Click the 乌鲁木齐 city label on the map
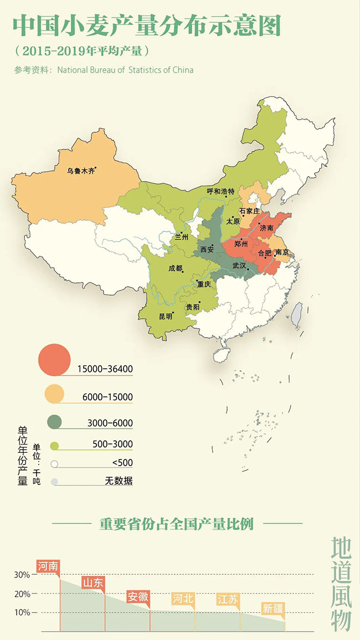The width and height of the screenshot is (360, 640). pyautogui.click(x=81, y=171)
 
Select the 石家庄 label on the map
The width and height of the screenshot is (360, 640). pyautogui.click(x=250, y=211)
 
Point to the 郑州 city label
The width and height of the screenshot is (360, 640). pyautogui.click(x=241, y=244)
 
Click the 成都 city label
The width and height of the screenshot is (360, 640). pyautogui.click(x=175, y=268)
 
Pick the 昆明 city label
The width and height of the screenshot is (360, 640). pyautogui.click(x=166, y=316)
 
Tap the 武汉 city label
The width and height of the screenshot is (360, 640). pyautogui.click(x=239, y=265)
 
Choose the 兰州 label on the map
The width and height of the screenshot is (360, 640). pyautogui.click(x=182, y=236)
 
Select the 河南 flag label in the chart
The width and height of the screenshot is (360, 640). pyautogui.click(x=48, y=566)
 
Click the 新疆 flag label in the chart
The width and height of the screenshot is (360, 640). pyautogui.click(x=272, y=608)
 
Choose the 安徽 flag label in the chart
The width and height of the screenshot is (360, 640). pyautogui.click(x=138, y=596)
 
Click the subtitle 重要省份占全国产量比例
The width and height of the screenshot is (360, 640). pyautogui.click(x=176, y=524)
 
